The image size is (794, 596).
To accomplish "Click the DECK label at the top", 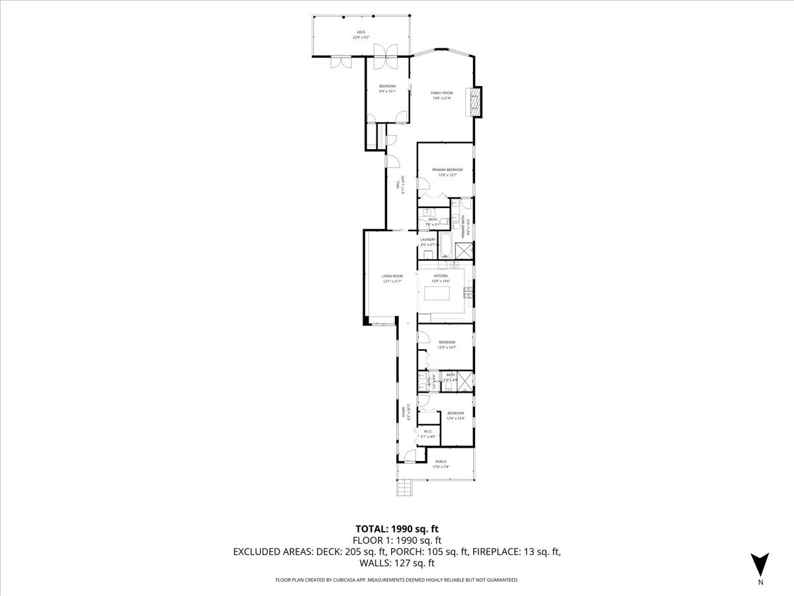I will [361, 32].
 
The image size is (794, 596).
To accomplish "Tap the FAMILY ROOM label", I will [441, 93].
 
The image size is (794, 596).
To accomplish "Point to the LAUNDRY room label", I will [427, 240].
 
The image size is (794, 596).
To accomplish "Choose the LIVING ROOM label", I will [392, 276].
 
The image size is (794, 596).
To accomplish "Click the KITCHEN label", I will [441, 275].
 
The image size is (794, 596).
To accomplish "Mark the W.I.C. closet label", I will [428, 432].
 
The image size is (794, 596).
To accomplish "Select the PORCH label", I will [441, 462].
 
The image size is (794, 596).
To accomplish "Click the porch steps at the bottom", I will [404, 489].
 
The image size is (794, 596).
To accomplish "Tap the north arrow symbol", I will [761, 565].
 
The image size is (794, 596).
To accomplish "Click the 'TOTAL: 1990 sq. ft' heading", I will [397, 528].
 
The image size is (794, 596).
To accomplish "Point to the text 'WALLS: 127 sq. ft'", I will [397, 564].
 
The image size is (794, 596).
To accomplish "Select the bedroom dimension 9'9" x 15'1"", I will [387, 91].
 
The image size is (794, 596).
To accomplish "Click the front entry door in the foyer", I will [410, 455].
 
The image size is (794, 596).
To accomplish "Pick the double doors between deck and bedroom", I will [386, 55].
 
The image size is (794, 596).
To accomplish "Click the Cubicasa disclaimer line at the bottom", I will [397, 580].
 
